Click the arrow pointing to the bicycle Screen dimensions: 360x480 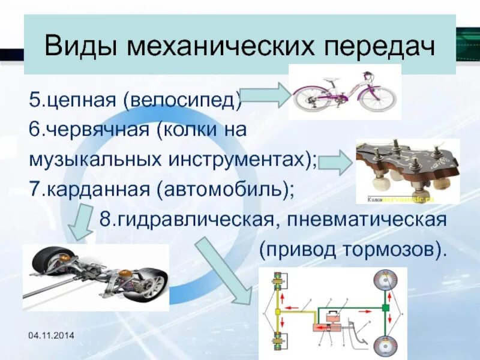[x=267, y=97]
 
